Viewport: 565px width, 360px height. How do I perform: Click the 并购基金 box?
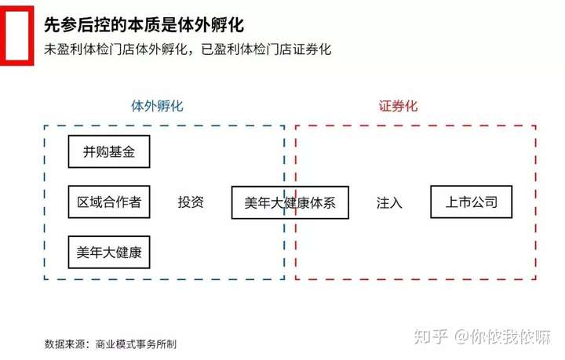[x=108, y=151]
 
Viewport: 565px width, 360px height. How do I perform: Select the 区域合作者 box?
[x=108, y=202]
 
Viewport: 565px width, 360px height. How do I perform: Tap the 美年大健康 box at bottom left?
[x=108, y=253]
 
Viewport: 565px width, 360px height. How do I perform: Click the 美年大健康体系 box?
[x=290, y=202]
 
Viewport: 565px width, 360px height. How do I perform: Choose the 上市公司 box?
[x=471, y=202]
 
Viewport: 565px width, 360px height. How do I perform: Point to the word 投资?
[x=191, y=202]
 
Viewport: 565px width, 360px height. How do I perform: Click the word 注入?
[x=389, y=202]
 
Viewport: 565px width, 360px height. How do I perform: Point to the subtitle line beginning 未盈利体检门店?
[x=188, y=49]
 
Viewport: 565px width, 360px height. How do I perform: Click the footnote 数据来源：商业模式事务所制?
[x=111, y=344]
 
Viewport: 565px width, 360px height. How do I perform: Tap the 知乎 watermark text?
[x=434, y=336]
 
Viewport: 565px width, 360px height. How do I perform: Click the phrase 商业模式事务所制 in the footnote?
[x=136, y=344]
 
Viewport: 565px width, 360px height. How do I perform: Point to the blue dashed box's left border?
[x=45, y=202]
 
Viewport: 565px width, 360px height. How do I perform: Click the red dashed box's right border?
[x=536, y=202]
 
